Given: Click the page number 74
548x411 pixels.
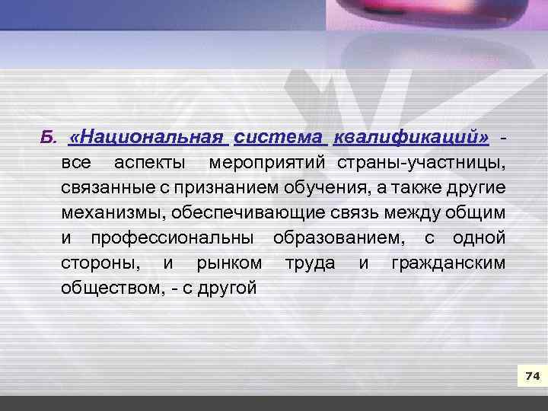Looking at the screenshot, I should pyautogui.click(x=532, y=377).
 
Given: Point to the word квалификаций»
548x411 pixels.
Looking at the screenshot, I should pyautogui.click(x=411, y=138).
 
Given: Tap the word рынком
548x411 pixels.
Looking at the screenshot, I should pyautogui.click(x=230, y=263).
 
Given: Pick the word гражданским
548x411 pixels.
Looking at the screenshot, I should pyautogui.click(x=448, y=263).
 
